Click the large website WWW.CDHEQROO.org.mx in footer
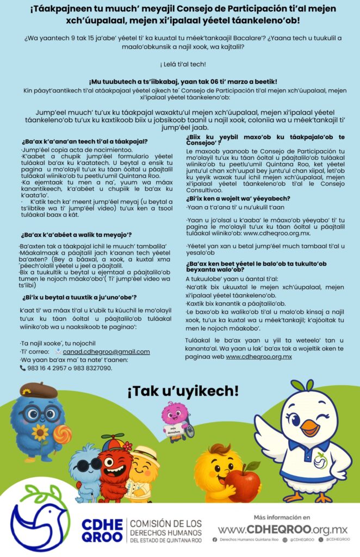tap(282, 529)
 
